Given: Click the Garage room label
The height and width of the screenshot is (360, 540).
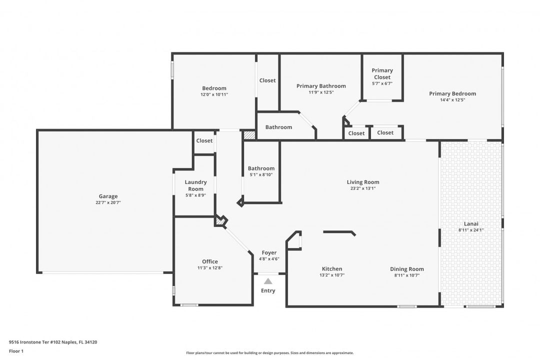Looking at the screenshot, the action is [108, 196].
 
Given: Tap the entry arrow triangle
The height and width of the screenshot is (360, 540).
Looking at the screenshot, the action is [268, 281].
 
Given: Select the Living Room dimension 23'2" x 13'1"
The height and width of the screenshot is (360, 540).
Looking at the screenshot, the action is [363, 188].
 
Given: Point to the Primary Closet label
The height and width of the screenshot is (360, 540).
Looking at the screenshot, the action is [382, 73].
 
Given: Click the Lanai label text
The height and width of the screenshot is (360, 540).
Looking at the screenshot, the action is [471, 224].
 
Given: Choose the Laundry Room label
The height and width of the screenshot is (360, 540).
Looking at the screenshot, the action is [195, 185].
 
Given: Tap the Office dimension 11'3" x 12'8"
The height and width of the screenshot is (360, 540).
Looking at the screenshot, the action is [209, 267].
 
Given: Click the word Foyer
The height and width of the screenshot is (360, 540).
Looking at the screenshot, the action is [269, 253].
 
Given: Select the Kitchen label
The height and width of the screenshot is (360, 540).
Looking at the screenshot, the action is [332, 268].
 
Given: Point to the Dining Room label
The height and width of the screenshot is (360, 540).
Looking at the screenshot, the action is [406, 269].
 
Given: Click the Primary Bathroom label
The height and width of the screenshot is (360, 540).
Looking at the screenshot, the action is [321, 86].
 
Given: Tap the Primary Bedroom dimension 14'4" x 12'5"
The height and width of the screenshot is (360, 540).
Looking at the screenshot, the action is [452, 100].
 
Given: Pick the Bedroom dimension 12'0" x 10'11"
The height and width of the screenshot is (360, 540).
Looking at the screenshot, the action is [214, 94].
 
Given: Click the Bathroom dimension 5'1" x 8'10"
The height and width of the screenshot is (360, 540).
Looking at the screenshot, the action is [261, 174].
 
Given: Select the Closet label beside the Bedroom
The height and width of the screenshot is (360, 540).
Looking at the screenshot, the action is [267, 80].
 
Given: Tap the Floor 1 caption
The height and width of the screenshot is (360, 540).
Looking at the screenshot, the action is [16, 351].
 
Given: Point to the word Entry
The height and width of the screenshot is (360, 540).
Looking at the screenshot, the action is [268, 291].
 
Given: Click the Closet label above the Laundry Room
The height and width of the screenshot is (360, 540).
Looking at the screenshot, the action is [204, 140].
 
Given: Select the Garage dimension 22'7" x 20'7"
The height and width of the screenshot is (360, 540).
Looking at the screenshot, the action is [108, 202].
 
